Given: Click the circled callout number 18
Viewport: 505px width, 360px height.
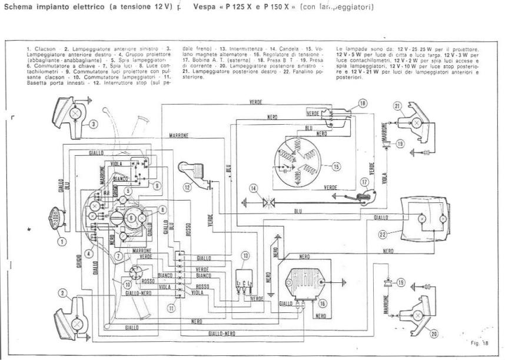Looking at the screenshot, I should pos(363,103).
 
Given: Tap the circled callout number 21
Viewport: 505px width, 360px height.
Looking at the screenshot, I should pos(397,106).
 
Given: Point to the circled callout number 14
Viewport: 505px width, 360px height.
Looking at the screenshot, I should pos(253,188).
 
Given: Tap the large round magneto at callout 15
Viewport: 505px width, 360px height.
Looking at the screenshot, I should pos(301,155).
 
